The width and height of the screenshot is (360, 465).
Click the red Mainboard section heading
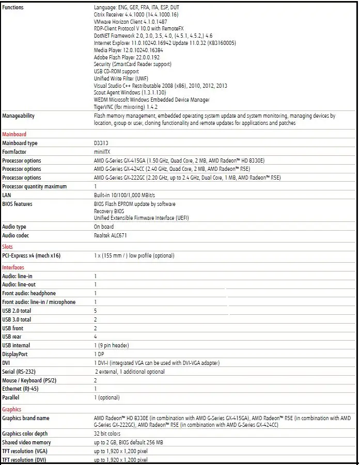pos(14,134)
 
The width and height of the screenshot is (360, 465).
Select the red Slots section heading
pos(8,247)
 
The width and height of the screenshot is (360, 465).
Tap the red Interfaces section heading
pos(13,267)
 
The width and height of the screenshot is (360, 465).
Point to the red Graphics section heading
pos(12,409)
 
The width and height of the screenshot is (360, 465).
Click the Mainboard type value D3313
pos(101,143)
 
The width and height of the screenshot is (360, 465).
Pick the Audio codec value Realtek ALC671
pos(110,235)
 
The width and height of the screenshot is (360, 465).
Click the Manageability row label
pos(19,116)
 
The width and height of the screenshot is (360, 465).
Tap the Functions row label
pos(13,8)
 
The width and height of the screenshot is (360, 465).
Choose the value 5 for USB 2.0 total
pos(96,311)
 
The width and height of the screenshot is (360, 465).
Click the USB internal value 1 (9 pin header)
pos(111,345)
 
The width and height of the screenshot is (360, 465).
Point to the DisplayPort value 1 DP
pos(99,354)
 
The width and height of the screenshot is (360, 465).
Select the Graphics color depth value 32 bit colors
pos(107,434)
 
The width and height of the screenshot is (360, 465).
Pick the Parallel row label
pos(10,397)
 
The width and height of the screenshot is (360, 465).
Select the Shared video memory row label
pos(26,442)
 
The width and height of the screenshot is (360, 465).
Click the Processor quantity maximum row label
pos(34,186)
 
